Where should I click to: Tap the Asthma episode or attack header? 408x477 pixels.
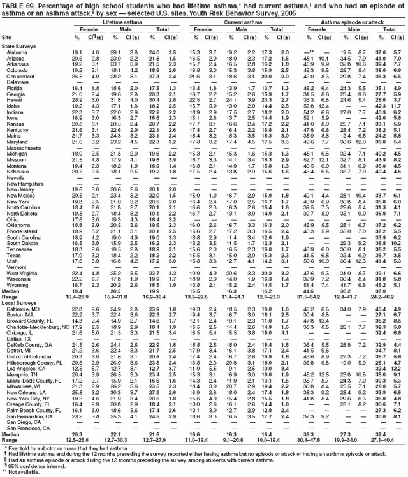pos(347,22)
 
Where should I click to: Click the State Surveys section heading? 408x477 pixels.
pos(19,46)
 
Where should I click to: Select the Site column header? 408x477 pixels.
pos(7,38)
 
